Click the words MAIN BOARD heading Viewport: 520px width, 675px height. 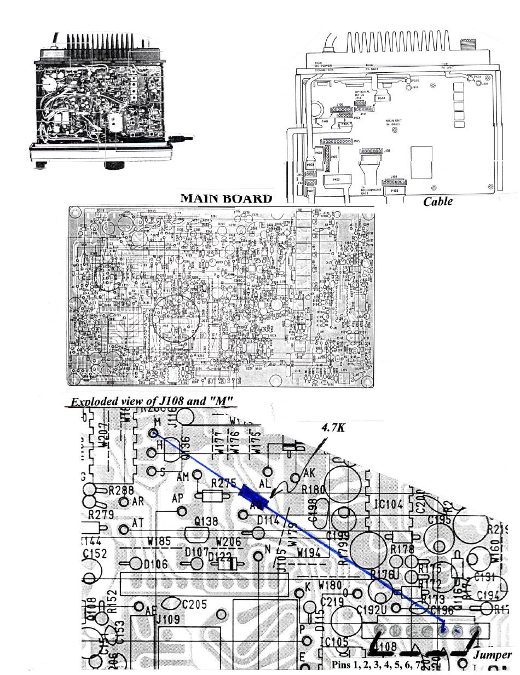click(x=226, y=198)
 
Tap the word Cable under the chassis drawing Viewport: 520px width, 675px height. click(x=438, y=201)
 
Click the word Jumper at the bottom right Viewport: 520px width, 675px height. click(x=492, y=654)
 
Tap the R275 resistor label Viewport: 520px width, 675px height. click(x=224, y=483)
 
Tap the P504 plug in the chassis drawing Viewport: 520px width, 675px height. click(x=382, y=98)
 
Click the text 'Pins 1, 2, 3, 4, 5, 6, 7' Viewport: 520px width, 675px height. click(x=378, y=665)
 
